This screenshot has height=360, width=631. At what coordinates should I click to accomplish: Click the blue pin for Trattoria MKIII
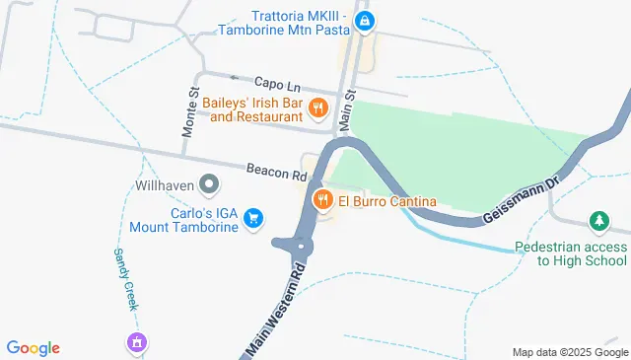[365, 20]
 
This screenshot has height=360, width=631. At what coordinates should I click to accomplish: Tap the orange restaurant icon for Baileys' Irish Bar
[317, 107]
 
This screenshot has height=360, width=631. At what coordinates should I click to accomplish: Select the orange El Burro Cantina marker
[322, 201]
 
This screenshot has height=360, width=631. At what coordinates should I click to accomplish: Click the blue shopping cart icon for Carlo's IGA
[254, 218]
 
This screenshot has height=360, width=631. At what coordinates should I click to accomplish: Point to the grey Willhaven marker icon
[209, 183]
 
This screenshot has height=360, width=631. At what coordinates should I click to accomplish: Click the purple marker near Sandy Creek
[136, 342]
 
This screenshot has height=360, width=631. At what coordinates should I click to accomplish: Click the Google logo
[34, 347]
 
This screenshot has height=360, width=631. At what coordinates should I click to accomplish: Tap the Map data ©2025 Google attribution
[569, 352]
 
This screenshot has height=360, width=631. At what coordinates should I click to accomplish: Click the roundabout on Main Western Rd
[304, 245]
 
